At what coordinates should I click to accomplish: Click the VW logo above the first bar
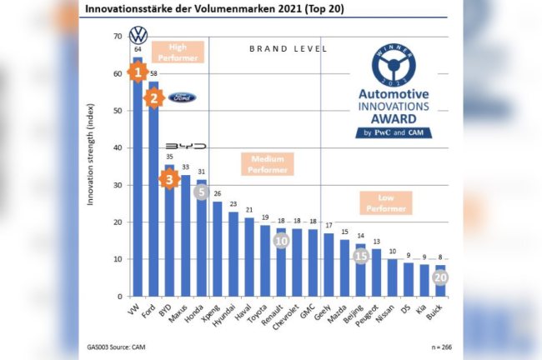click(138, 36)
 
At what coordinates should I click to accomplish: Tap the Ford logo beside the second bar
click(182, 97)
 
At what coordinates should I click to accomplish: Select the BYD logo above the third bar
click(185, 146)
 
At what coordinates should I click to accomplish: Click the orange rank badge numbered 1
click(138, 73)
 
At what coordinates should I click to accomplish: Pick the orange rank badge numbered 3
click(170, 178)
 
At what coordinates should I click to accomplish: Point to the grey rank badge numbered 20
click(440, 277)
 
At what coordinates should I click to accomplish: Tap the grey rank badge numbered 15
click(361, 256)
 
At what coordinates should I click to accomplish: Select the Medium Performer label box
click(268, 164)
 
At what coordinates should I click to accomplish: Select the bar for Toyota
click(264, 261)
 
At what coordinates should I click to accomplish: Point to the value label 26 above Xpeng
click(217, 193)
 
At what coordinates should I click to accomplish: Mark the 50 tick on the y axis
click(118, 111)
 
